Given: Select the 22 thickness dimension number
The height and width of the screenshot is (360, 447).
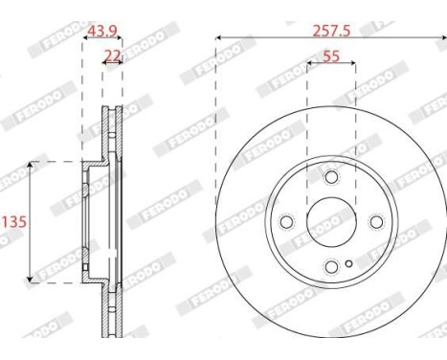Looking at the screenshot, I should coord(113,56).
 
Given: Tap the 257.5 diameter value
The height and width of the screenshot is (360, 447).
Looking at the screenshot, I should coord(331,31).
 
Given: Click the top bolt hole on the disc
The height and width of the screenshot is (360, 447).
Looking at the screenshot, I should coord(331,178).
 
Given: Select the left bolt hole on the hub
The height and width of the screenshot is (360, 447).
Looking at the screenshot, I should coord(286,222).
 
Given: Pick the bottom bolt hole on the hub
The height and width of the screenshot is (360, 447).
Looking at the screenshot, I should coord(331,267).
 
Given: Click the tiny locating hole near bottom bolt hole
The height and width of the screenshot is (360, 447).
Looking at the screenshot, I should coord(349,261).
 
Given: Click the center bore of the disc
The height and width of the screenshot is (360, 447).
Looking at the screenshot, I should coord(331,222).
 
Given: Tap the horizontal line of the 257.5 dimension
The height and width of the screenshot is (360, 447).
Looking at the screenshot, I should coord(287,38).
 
